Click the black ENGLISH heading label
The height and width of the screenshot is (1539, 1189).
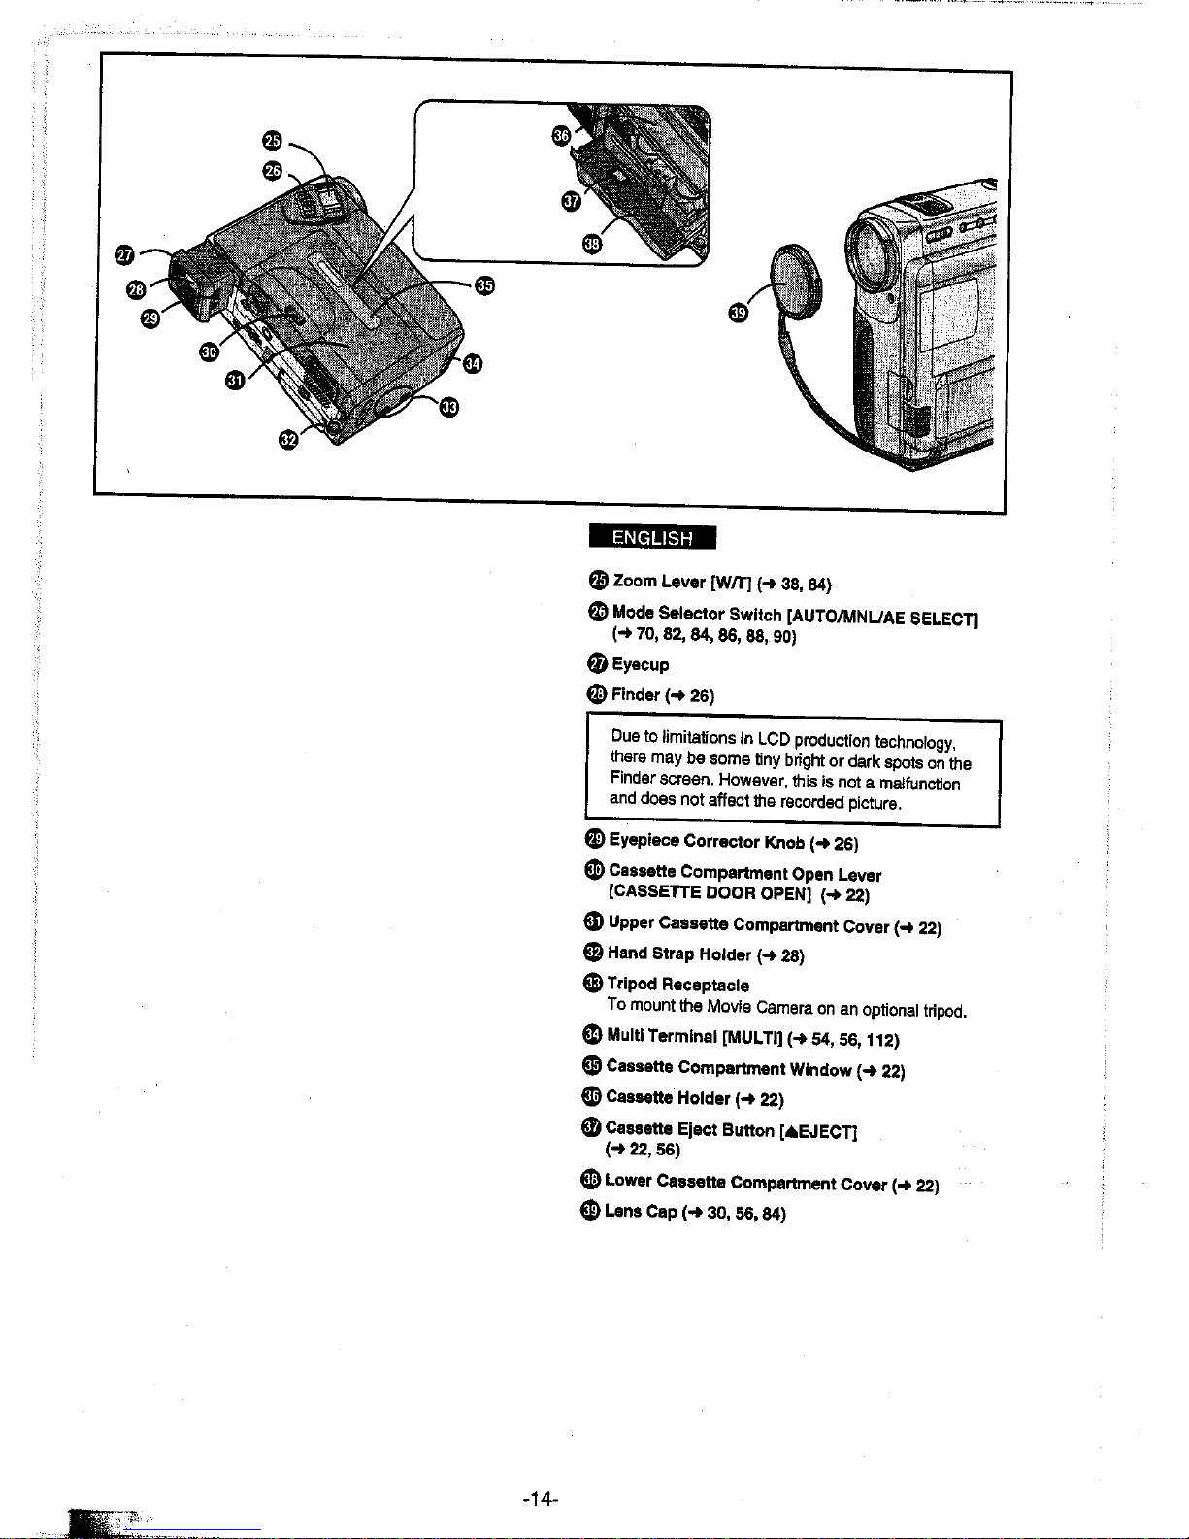click(x=651, y=537)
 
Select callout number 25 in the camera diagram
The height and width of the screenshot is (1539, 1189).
click(x=273, y=141)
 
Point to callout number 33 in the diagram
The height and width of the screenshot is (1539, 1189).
click(x=448, y=406)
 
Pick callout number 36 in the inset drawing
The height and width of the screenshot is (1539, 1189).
click(x=560, y=135)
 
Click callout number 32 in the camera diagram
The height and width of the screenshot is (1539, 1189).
click(x=287, y=440)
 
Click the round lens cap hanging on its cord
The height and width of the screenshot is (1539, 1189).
click(x=797, y=281)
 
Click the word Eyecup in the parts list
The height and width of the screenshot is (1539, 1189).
click(x=640, y=665)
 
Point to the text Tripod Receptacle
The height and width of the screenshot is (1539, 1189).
click(x=677, y=985)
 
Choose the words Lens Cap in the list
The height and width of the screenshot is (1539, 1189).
click(x=640, y=1211)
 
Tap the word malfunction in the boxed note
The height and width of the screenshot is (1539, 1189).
click(x=919, y=783)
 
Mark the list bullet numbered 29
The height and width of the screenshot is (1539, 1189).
click(x=595, y=839)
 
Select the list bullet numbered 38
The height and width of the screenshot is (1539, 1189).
click(x=590, y=1179)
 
